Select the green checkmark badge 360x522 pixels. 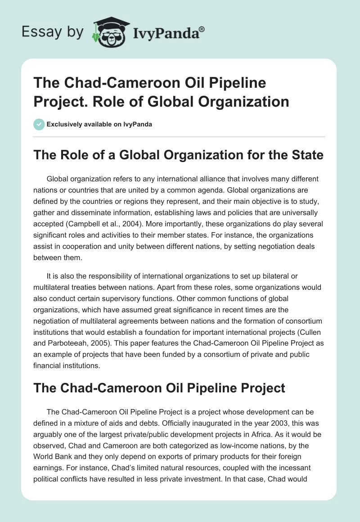(39, 124)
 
